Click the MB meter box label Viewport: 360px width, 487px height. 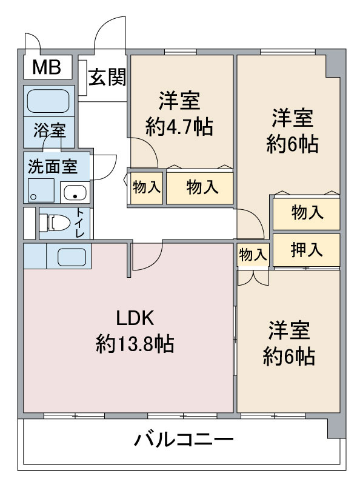pyautogui.click(x=47, y=67)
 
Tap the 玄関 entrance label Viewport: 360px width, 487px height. pyautogui.click(x=107, y=77)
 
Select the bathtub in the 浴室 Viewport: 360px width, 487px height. pyautogui.click(x=48, y=101)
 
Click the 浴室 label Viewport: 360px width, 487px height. pyautogui.click(x=49, y=130)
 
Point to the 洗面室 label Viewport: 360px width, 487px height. pyautogui.click(x=53, y=166)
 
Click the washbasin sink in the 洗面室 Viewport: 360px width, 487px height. pyautogui.click(x=75, y=193)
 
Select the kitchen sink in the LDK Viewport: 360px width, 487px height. pyautogui.click(x=72, y=257)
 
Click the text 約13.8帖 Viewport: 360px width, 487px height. pyautogui.click(x=135, y=343)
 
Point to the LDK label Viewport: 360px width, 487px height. pyautogui.click(x=135, y=318)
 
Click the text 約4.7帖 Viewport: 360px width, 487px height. pyautogui.click(x=179, y=127)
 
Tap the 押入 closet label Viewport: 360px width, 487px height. pyautogui.click(x=306, y=250)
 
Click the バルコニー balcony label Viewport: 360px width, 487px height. pyautogui.click(x=184, y=440)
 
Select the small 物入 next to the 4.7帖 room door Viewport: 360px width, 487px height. pyautogui.click(x=147, y=187)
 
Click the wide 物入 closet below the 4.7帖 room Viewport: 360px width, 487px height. pyautogui.click(x=200, y=187)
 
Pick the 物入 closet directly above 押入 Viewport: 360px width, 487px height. pyautogui.click(x=307, y=213)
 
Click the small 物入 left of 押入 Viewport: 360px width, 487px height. pyautogui.click(x=253, y=255)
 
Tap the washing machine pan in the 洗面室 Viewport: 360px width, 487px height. pyautogui.click(x=41, y=190)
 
